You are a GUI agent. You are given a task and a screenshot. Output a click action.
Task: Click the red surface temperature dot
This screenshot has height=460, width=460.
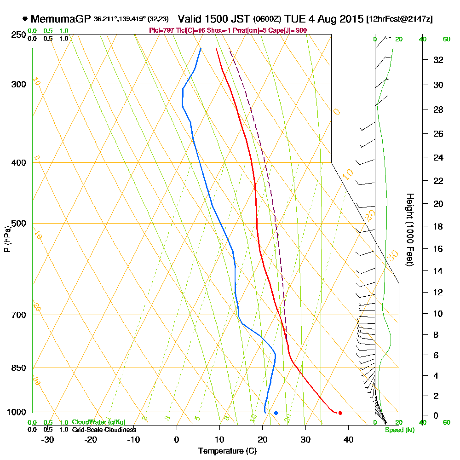(x=340, y=413)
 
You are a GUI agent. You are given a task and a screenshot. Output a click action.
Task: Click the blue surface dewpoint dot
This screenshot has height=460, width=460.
(x=276, y=413)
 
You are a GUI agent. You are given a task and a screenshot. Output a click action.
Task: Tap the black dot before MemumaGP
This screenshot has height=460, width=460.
(x=25, y=19)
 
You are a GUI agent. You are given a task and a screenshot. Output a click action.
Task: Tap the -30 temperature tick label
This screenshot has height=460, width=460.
(x=48, y=439)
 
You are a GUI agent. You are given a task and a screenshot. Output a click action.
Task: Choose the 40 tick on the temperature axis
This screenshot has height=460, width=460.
(x=348, y=439)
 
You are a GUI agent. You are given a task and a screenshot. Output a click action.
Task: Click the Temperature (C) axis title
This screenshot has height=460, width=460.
(x=227, y=451)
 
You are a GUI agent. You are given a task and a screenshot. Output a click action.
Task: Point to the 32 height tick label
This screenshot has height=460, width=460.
(x=438, y=60)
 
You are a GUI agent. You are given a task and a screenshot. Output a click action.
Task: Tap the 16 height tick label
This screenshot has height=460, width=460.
(x=438, y=249)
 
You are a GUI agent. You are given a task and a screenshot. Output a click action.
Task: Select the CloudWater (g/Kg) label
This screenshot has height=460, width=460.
(x=98, y=422)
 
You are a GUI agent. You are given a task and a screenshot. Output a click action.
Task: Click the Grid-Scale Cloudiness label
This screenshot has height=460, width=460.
(x=103, y=430)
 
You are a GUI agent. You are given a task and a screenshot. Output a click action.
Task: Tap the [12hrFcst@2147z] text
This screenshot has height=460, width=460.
(x=399, y=19)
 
